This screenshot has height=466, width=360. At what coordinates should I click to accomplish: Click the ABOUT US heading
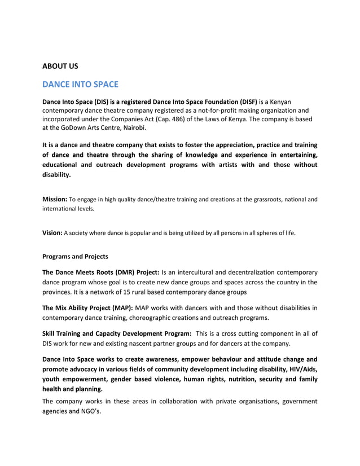pos(60,67)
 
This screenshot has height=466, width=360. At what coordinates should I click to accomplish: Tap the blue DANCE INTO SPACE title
pos(80,85)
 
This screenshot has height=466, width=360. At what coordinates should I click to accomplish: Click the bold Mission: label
pos(55,199)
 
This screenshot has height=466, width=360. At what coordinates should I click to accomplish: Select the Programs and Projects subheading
pos(75,257)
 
